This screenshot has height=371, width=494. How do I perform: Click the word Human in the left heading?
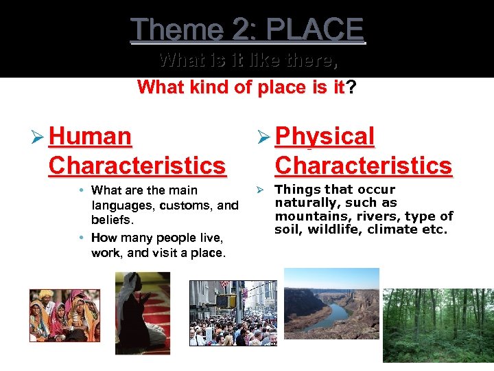[91, 136]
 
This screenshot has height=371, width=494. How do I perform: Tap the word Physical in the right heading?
[325, 136]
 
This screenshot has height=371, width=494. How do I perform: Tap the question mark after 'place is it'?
[351, 88]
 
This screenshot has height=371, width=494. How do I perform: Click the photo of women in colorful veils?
[64, 315]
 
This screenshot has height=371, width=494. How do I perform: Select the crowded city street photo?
[233, 313]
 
